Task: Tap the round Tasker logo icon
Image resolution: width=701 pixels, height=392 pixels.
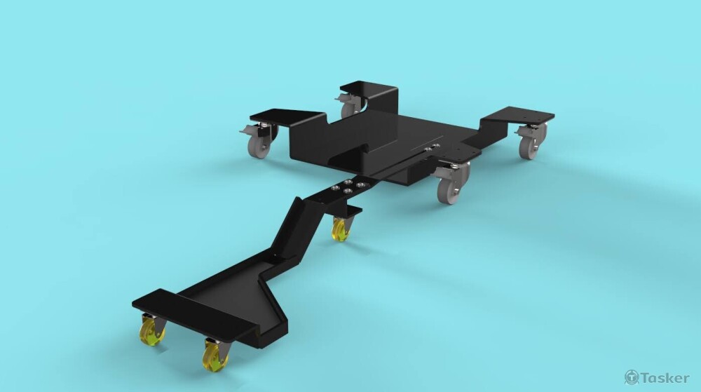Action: click(632, 377)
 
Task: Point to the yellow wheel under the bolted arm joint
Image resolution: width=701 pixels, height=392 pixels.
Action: click(341, 230)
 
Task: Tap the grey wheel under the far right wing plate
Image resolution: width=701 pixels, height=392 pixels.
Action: click(529, 147)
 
